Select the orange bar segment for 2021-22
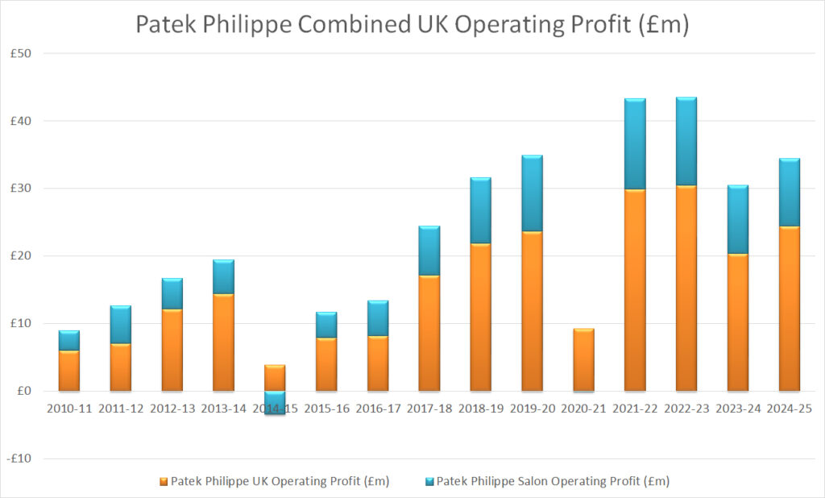(635, 290)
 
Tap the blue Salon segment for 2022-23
(686, 142)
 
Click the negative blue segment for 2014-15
(275, 403)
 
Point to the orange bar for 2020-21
(583, 360)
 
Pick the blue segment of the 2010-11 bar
(69, 341)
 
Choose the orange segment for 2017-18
(429, 334)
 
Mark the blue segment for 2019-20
(532, 193)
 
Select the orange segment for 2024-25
(790, 309)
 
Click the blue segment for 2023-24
(738, 219)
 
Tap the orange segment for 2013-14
(224, 342)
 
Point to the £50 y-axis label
(21, 53)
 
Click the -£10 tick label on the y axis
(19, 459)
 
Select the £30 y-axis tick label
(21, 189)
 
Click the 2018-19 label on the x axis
(481, 409)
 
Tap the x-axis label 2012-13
(172, 409)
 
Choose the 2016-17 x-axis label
(378, 409)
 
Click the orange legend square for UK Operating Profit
(164, 482)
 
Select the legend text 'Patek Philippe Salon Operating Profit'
(553, 481)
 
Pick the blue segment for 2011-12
(121, 325)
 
